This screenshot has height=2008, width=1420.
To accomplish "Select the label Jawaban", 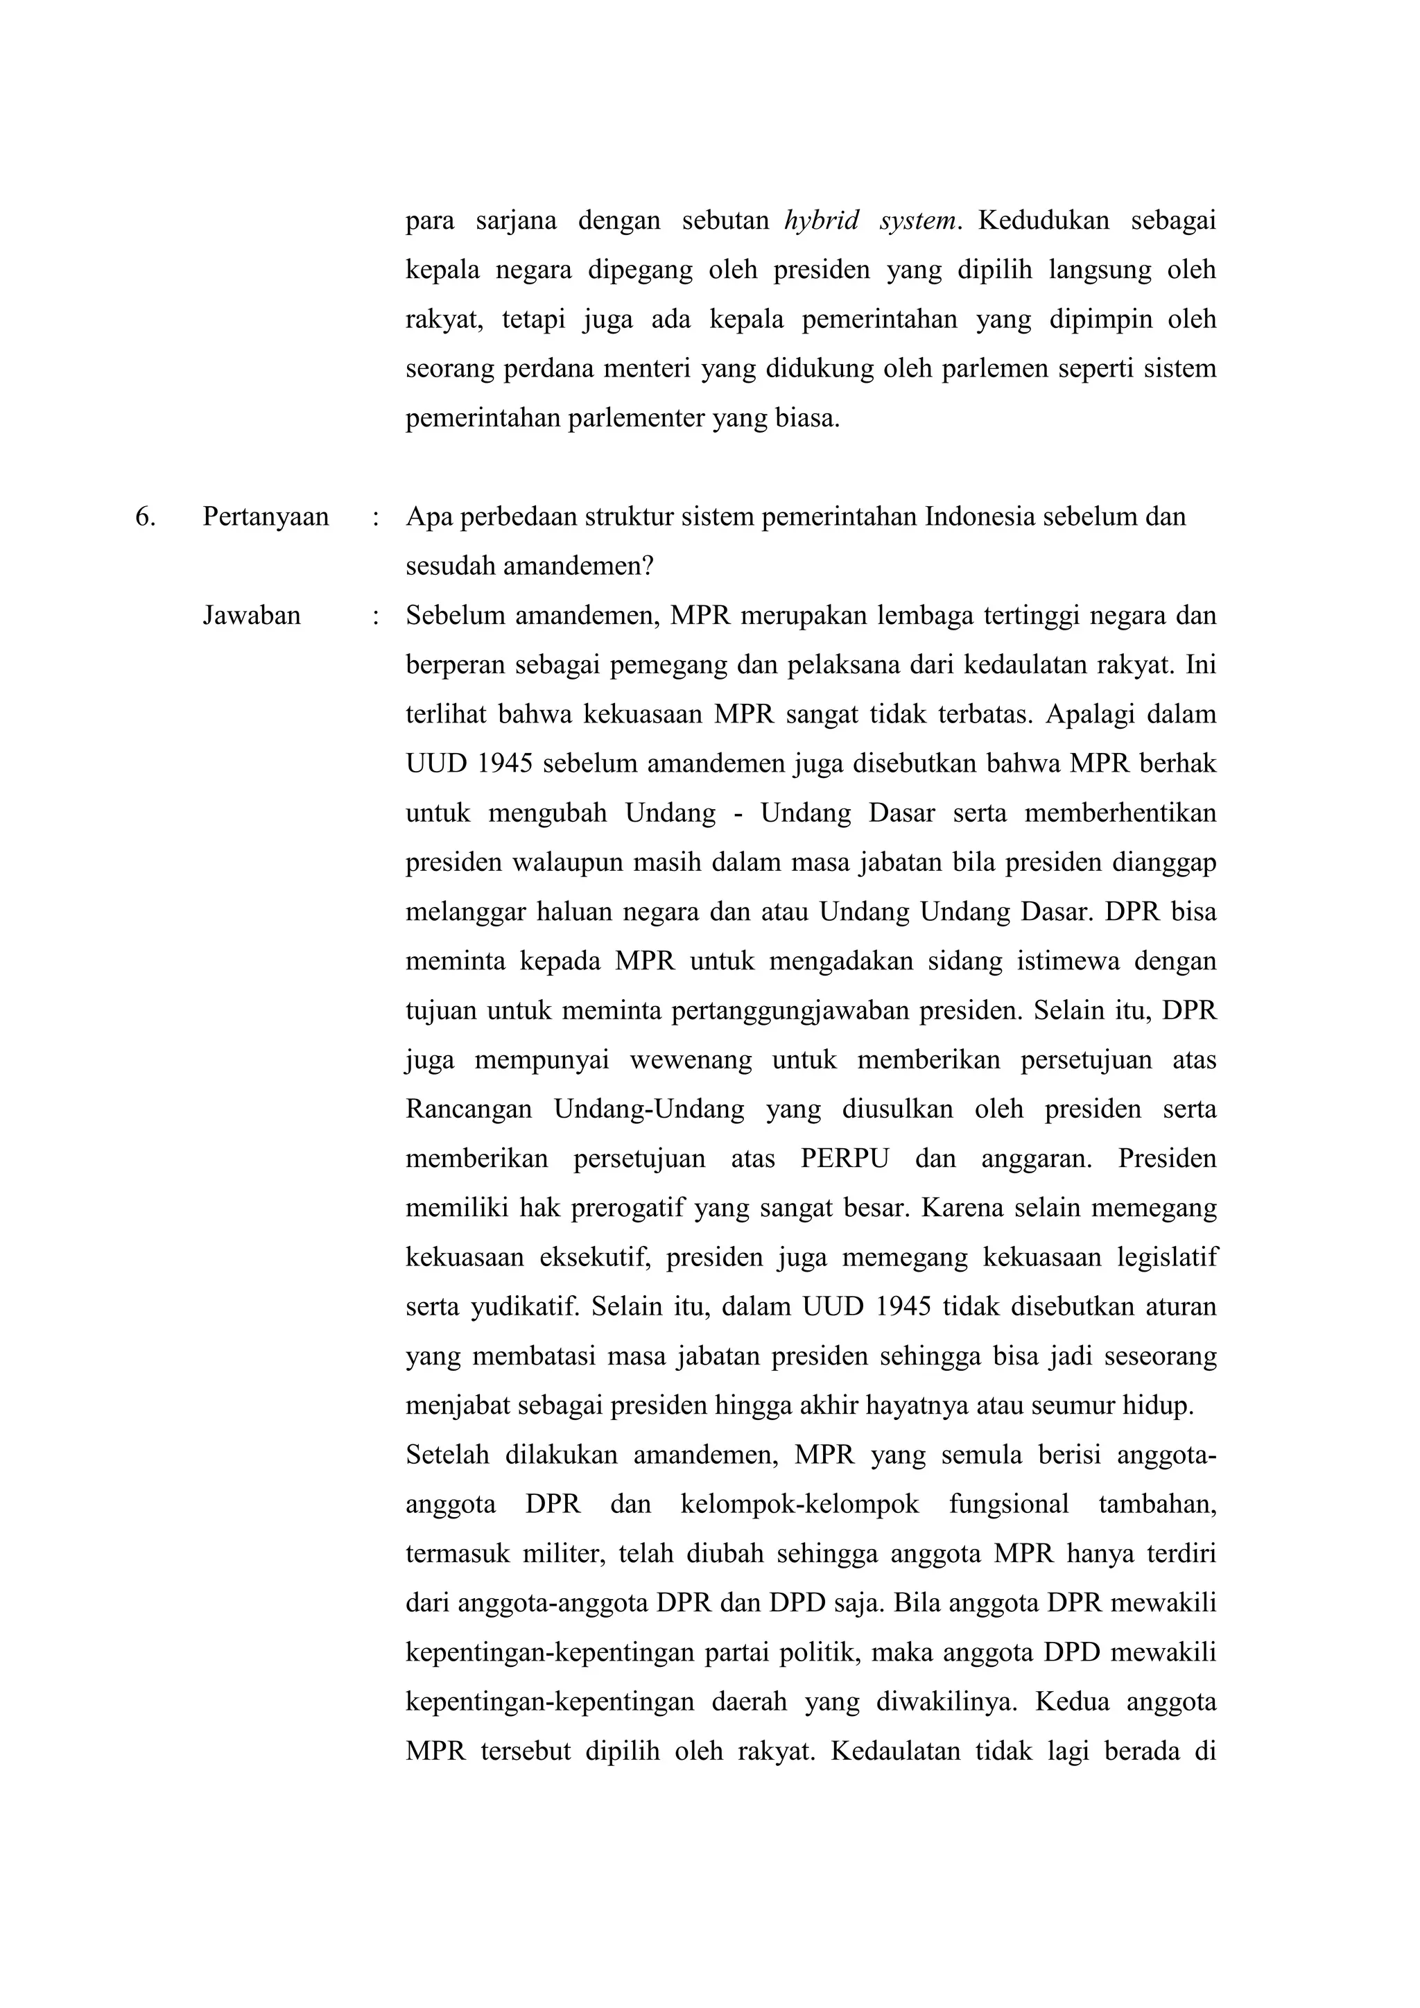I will (x=252, y=616).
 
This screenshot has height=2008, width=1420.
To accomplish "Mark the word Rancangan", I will (x=469, y=1110).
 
